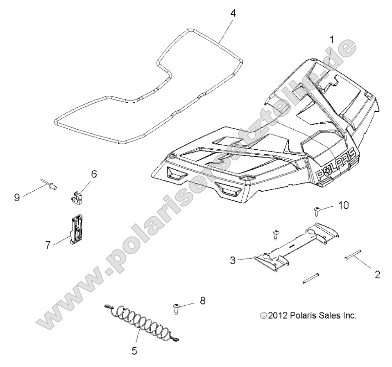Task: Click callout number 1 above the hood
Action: (332, 40)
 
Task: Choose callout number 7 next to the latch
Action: (48, 245)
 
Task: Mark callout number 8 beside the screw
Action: (202, 301)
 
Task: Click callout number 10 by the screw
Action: (343, 205)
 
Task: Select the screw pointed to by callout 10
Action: (317, 211)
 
